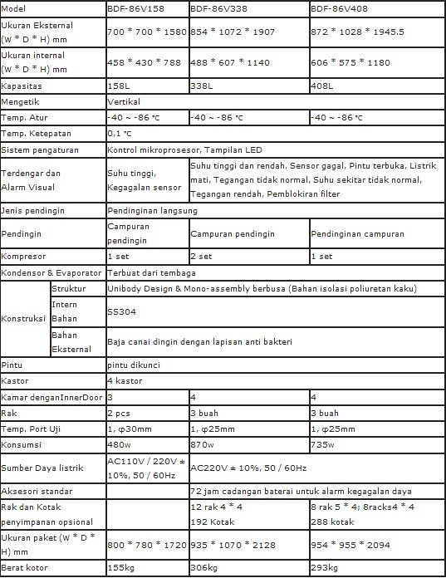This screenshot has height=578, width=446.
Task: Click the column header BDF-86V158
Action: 137,7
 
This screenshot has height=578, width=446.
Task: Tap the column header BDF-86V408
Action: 340,7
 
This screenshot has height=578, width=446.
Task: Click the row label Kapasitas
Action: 22,86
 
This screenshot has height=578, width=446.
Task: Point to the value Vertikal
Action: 124,101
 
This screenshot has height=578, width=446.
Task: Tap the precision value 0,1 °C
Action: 120,133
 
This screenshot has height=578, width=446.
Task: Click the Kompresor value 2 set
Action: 203,257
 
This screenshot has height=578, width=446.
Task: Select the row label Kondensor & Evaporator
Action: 51,272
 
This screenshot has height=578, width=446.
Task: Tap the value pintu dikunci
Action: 132,365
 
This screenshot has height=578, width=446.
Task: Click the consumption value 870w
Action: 202,444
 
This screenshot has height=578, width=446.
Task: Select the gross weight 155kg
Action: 120,568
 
